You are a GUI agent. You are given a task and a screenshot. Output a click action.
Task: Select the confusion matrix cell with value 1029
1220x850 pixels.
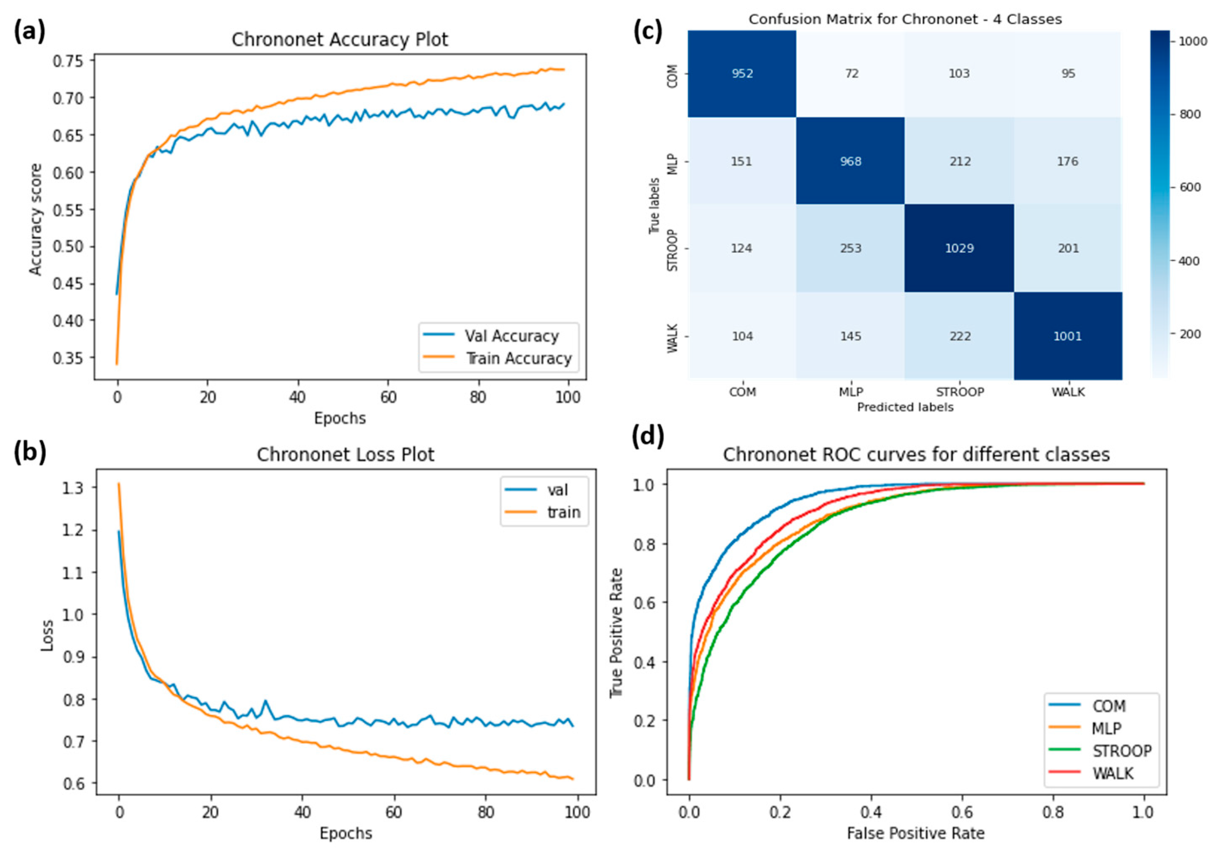(959, 248)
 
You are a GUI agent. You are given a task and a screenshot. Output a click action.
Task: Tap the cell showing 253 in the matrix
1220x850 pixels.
(850, 248)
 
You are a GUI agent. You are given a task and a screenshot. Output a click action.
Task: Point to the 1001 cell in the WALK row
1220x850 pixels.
(1067, 336)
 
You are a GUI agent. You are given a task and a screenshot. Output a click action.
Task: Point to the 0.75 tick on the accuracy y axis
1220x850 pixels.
(67, 61)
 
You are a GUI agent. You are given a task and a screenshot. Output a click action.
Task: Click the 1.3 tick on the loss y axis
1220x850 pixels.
(72, 487)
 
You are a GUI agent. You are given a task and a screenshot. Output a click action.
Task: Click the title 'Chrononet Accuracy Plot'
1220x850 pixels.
(340, 40)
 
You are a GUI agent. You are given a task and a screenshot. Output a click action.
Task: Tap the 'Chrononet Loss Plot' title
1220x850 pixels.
(345, 455)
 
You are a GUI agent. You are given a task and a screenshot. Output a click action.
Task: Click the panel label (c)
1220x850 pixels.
(648, 32)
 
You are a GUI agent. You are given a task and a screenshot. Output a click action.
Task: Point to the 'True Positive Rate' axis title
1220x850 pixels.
(616, 633)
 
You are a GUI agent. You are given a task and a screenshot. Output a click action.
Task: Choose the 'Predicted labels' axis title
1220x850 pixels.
(905, 407)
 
